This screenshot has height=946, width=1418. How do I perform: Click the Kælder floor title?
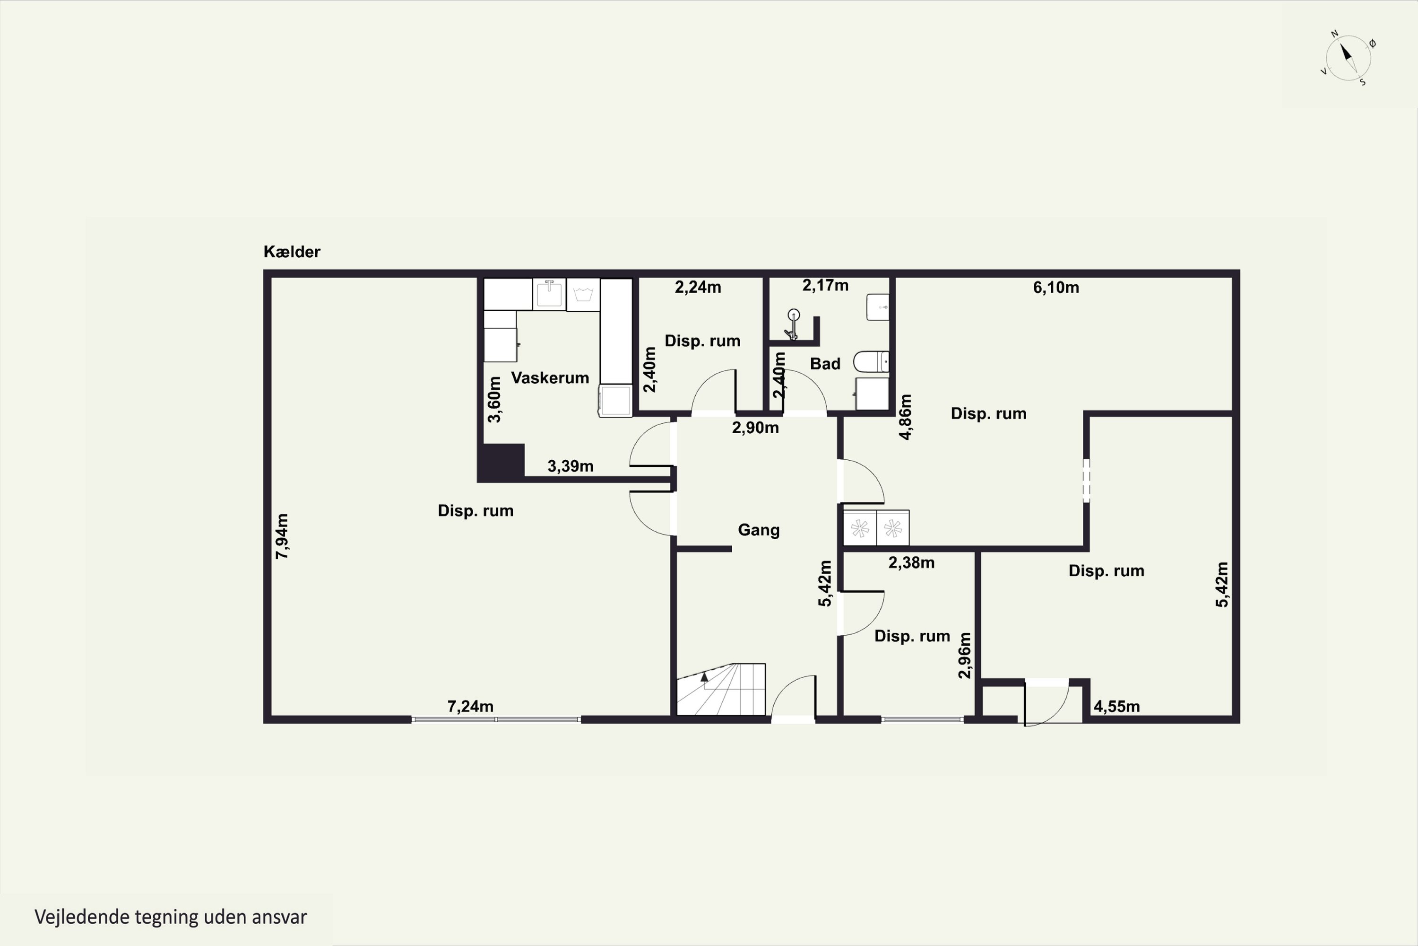pos(292,252)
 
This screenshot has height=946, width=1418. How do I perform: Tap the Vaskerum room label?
pos(550,377)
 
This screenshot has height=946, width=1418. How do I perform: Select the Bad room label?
pos(825,363)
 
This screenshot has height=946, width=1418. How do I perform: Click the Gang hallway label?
pos(759,530)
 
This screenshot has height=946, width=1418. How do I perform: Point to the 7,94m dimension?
pos(282,536)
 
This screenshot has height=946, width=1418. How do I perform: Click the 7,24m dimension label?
pos(470,706)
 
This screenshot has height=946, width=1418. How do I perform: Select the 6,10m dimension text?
pos(1055,287)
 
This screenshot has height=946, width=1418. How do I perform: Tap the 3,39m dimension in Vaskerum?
pos(571,466)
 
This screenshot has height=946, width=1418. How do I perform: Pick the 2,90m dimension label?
pos(755,428)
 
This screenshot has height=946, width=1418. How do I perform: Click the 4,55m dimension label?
pos(1116,706)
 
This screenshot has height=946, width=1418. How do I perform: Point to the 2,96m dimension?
pos(965,655)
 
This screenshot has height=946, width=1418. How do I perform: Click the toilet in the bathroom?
pos(871,362)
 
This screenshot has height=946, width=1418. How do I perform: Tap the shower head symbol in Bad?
pos(793,324)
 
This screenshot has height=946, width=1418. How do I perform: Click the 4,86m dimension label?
pos(905,417)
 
